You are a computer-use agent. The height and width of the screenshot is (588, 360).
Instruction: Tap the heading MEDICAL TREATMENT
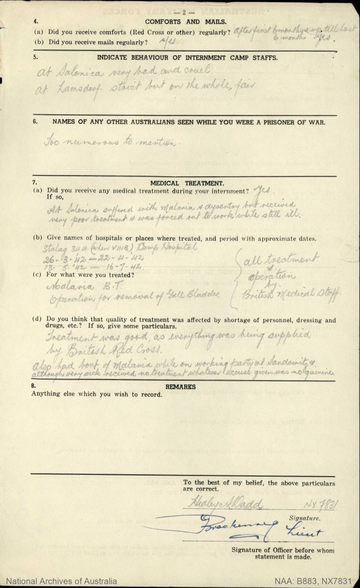pyautogui.click(x=180, y=181)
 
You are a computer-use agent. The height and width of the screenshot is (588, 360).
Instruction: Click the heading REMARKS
pyautogui.click(x=180, y=387)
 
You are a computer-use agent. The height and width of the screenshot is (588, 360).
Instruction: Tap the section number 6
pyautogui.click(x=34, y=122)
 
